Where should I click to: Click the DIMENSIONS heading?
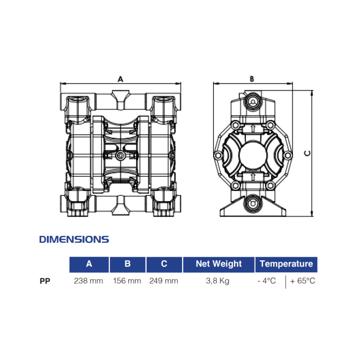[x=74, y=239]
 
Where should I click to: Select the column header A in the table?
[x=89, y=264]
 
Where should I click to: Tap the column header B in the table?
[x=127, y=264]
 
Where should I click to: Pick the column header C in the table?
[x=164, y=264]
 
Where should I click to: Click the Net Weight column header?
[x=219, y=264]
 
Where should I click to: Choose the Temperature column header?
[x=286, y=264]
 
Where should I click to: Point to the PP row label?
[x=45, y=281]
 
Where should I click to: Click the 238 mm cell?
[x=89, y=281]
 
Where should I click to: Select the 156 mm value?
[x=127, y=281]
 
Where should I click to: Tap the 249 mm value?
[x=164, y=281]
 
